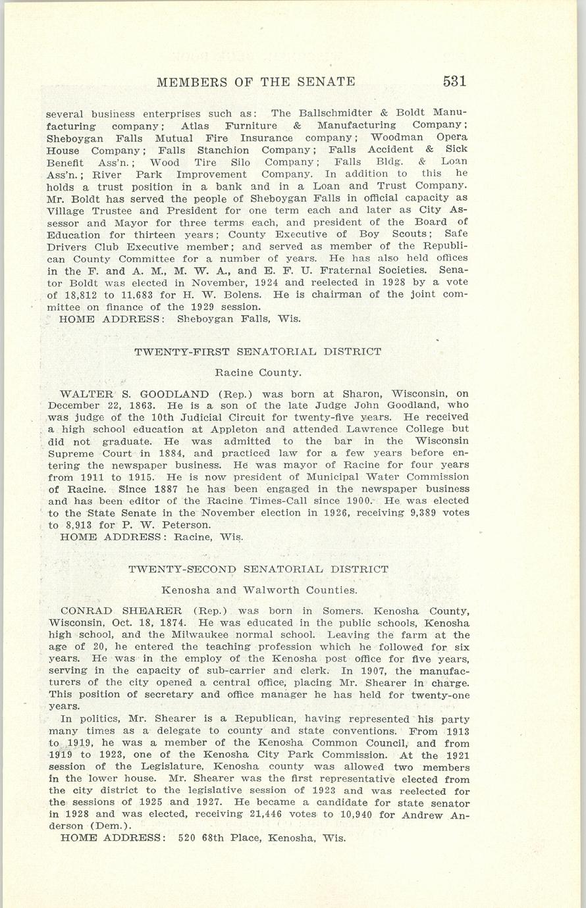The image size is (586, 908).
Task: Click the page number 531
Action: click(x=454, y=82)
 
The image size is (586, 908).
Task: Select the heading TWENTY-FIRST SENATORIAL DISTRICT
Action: click(x=257, y=352)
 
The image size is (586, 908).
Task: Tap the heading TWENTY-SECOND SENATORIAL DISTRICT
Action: click(x=258, y=569)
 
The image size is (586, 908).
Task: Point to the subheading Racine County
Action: click(x=258, y=373)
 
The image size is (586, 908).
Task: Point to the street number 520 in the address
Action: click(x=189, y=839)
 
